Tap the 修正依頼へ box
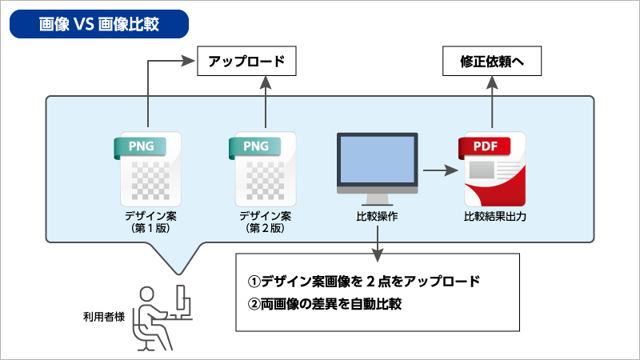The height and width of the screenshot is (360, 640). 491,62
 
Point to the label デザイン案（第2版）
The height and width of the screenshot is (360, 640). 263,222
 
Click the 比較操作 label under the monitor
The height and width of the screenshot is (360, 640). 377,217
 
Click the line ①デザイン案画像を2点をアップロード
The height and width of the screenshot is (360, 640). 363,282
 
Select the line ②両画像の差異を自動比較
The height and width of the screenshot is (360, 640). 323,304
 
